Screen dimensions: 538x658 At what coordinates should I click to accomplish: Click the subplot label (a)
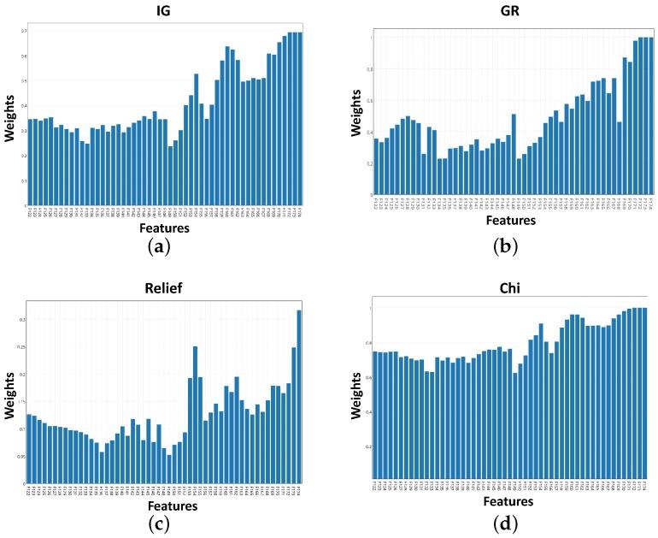click(x=160, y=248)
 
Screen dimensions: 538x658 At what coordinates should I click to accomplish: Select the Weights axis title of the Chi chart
click(x=354, y=393)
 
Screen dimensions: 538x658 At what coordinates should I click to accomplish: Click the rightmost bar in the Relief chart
click(x=299, y=396)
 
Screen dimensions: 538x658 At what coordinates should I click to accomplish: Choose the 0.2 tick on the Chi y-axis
click(x=368, y=446)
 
